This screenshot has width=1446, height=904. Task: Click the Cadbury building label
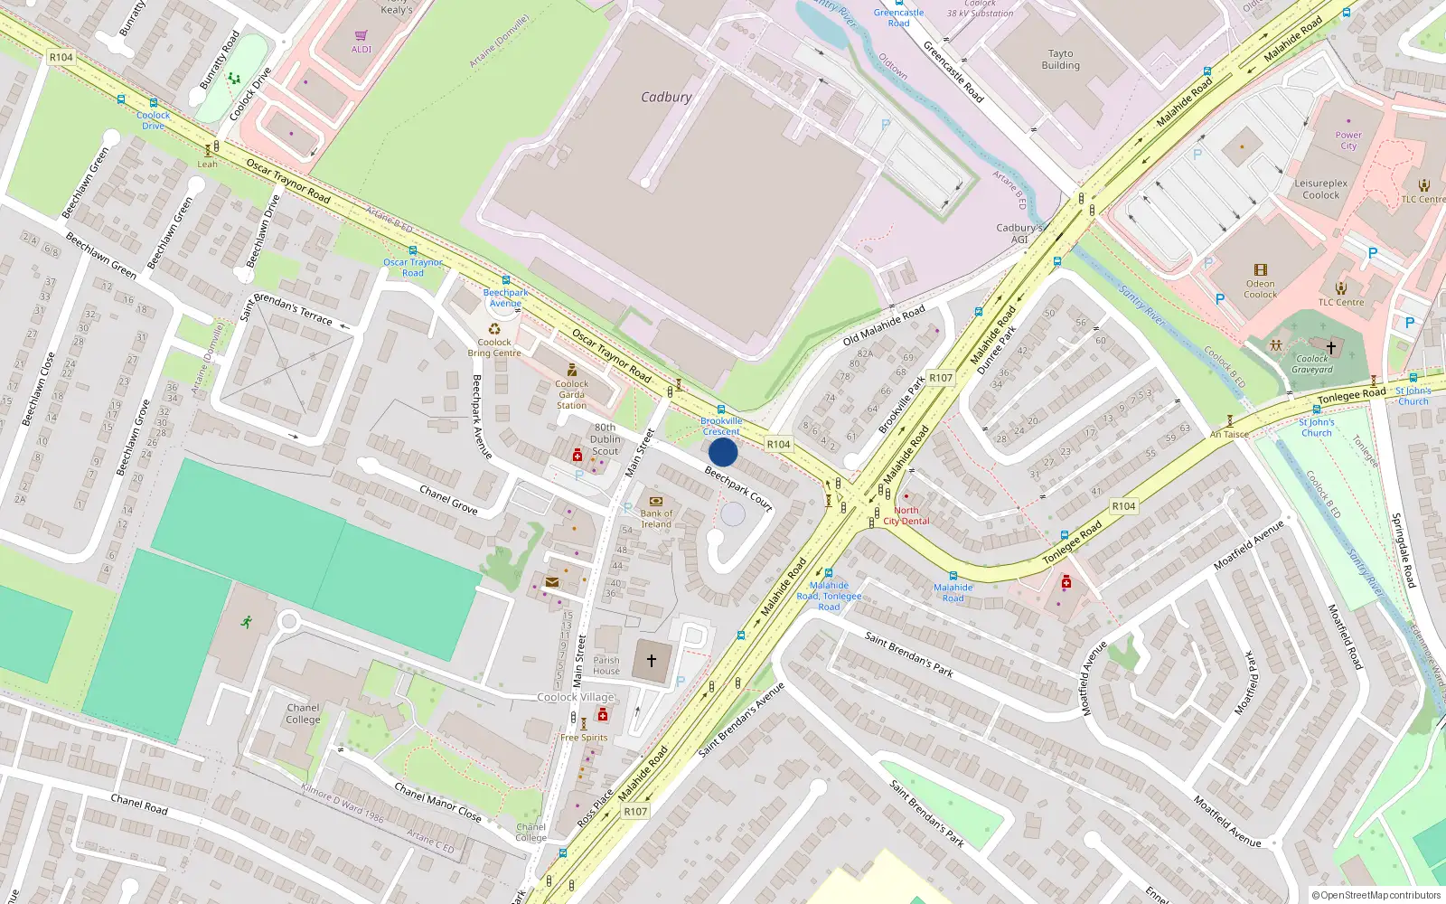[666, 97]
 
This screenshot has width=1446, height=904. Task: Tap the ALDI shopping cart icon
[361, 36]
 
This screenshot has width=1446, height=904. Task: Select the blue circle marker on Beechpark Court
[723, 452]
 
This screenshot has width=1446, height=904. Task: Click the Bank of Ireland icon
[656, 501]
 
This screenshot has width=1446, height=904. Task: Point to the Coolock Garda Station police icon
[571, 370]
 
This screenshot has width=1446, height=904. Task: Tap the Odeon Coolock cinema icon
[1261, 269]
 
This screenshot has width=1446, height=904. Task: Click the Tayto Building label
[1060, 60]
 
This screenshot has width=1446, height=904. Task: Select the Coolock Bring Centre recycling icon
[494, 329]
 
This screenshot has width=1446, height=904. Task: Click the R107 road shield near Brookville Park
[941, 378]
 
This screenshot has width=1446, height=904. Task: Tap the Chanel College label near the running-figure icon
[303, 713]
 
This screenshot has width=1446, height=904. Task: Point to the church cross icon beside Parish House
[651, 661]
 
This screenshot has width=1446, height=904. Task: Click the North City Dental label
[906, 515]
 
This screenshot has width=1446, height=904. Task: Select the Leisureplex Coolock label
[1320, 189]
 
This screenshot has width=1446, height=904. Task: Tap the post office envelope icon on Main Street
[552, 582]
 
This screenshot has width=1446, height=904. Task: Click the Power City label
[1347, 140]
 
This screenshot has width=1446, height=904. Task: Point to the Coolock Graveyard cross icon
[1330, 347]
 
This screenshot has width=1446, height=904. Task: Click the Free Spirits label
[584, 738]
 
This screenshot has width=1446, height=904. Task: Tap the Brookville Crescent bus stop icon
[720, 410]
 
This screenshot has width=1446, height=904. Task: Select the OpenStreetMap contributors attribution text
[1376, 895]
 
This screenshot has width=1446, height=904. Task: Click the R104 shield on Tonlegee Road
[1123, 506]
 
